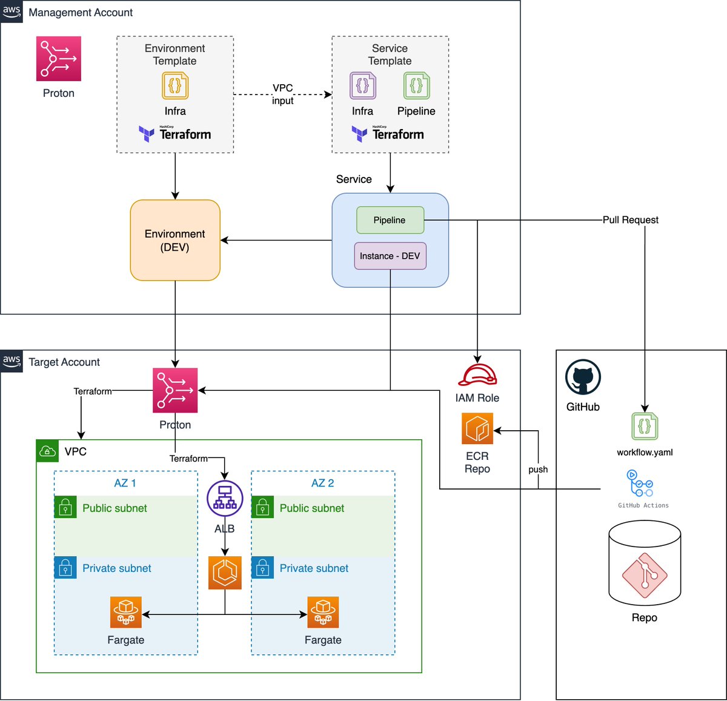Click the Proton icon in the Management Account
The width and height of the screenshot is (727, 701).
59,59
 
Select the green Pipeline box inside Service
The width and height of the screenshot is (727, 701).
390,220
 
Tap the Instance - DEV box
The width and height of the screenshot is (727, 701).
390,256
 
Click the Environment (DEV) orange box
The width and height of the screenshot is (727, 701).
175,240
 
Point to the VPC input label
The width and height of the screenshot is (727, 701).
282,94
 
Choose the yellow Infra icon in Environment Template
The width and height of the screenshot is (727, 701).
175,85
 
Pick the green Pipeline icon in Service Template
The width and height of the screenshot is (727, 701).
416,85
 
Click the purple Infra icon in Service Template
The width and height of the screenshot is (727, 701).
363,85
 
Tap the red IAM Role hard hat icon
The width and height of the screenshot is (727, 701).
477,375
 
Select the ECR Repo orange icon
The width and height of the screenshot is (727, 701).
477,428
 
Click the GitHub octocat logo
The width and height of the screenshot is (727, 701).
583,377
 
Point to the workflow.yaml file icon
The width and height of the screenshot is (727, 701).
645,427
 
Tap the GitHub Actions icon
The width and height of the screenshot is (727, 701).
640,483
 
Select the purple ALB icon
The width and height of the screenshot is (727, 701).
225,499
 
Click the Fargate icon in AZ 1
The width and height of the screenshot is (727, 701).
126,611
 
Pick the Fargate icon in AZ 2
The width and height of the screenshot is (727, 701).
323,611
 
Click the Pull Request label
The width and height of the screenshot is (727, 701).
630,220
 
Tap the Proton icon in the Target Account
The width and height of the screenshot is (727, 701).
175,390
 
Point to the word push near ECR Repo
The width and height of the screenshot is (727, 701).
538,470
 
